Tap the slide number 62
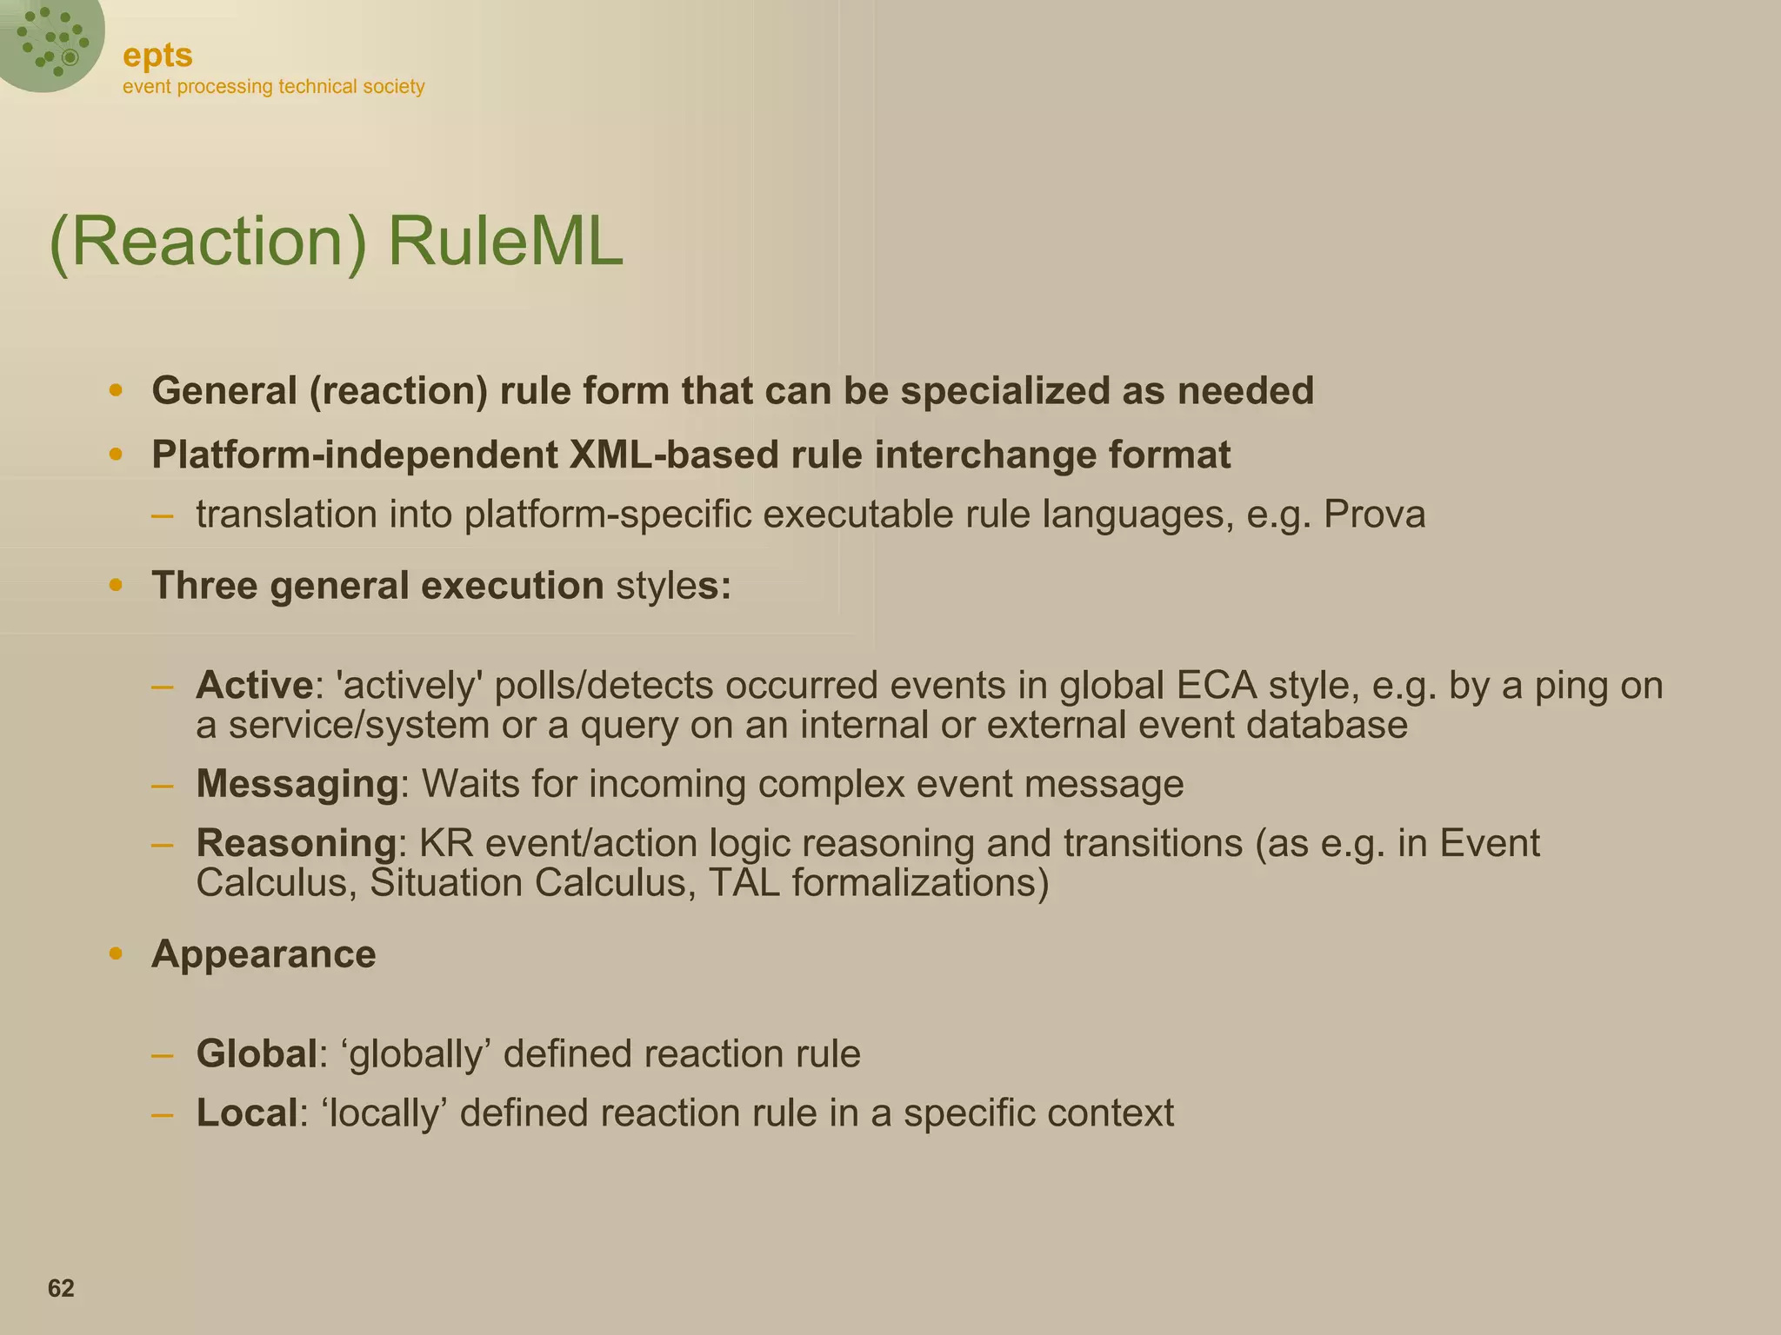61,1288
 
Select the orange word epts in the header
157,56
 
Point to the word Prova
1374,515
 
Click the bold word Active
254,686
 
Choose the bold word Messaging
297,784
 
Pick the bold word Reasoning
296,843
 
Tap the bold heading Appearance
263,954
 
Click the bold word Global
256,1054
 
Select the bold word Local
247,1113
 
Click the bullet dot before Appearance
116,954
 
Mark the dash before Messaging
162,785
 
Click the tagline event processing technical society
273,87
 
